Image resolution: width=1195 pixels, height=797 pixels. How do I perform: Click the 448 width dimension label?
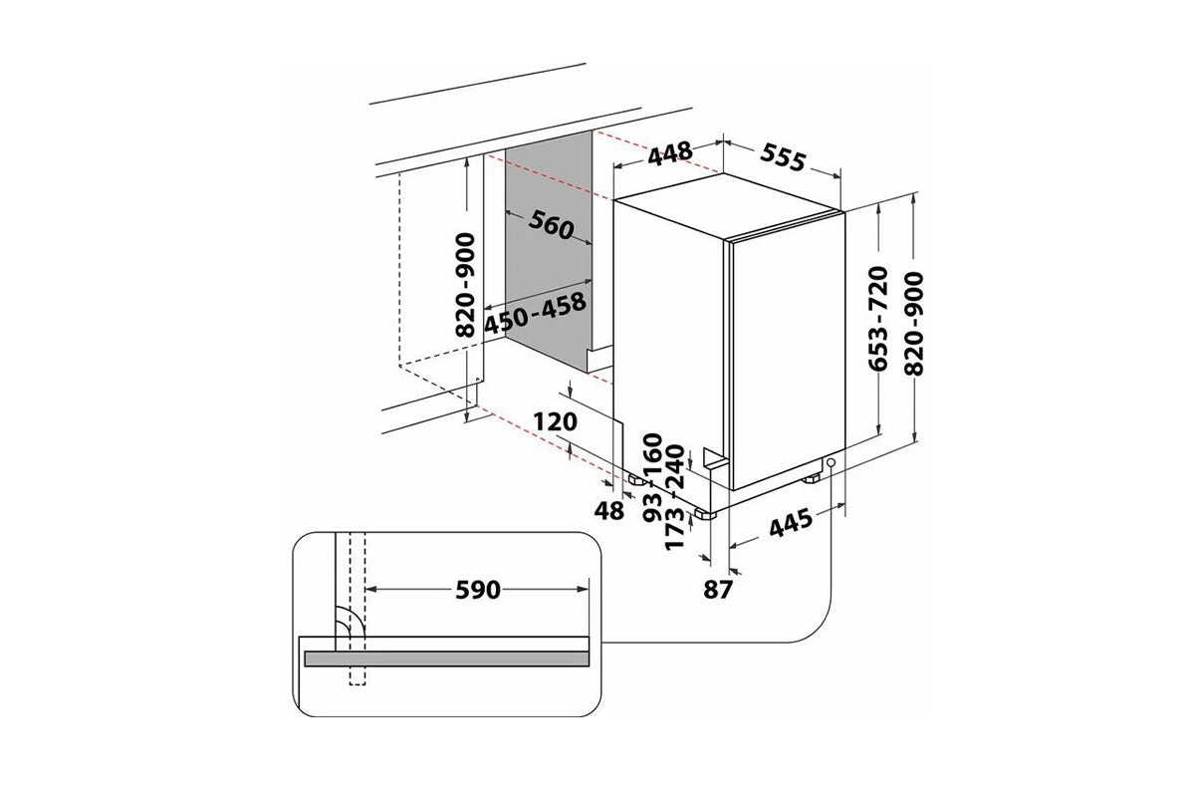tap(670, 153)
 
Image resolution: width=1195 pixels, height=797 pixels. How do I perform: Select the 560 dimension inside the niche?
tap(551, 225)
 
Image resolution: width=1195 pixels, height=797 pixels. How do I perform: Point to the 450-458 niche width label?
tap(535, 315)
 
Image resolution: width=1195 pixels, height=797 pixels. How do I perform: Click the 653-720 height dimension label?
tap(878, 318)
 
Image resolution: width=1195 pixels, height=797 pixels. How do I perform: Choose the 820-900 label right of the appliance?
tap(914, 324)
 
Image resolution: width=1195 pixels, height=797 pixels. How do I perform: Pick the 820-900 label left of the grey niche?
tap(465, 285)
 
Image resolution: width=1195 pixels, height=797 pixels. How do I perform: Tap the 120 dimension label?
tap(556, 421)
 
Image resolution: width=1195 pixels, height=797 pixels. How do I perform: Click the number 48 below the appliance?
tap(609, 511)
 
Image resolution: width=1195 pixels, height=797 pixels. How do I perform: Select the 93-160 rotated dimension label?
tap(652, 478)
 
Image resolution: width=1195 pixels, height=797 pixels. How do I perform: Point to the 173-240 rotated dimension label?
tap(675, 497)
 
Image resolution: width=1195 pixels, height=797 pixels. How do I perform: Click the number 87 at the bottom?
tap(718, 590)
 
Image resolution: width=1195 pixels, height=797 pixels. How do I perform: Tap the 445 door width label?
tap(791, 522)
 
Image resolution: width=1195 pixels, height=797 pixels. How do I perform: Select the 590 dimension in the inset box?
tap(477, 590)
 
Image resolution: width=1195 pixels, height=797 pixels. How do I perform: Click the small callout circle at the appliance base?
tap(831, 462)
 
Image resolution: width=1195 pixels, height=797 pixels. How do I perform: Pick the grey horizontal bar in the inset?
tap(446, 659)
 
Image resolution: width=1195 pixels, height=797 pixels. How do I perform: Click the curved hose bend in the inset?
tap(351, 621)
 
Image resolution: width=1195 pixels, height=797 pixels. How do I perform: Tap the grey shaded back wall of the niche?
tap(549, 251)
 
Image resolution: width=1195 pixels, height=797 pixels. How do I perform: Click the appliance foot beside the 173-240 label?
tap(705, 514)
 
